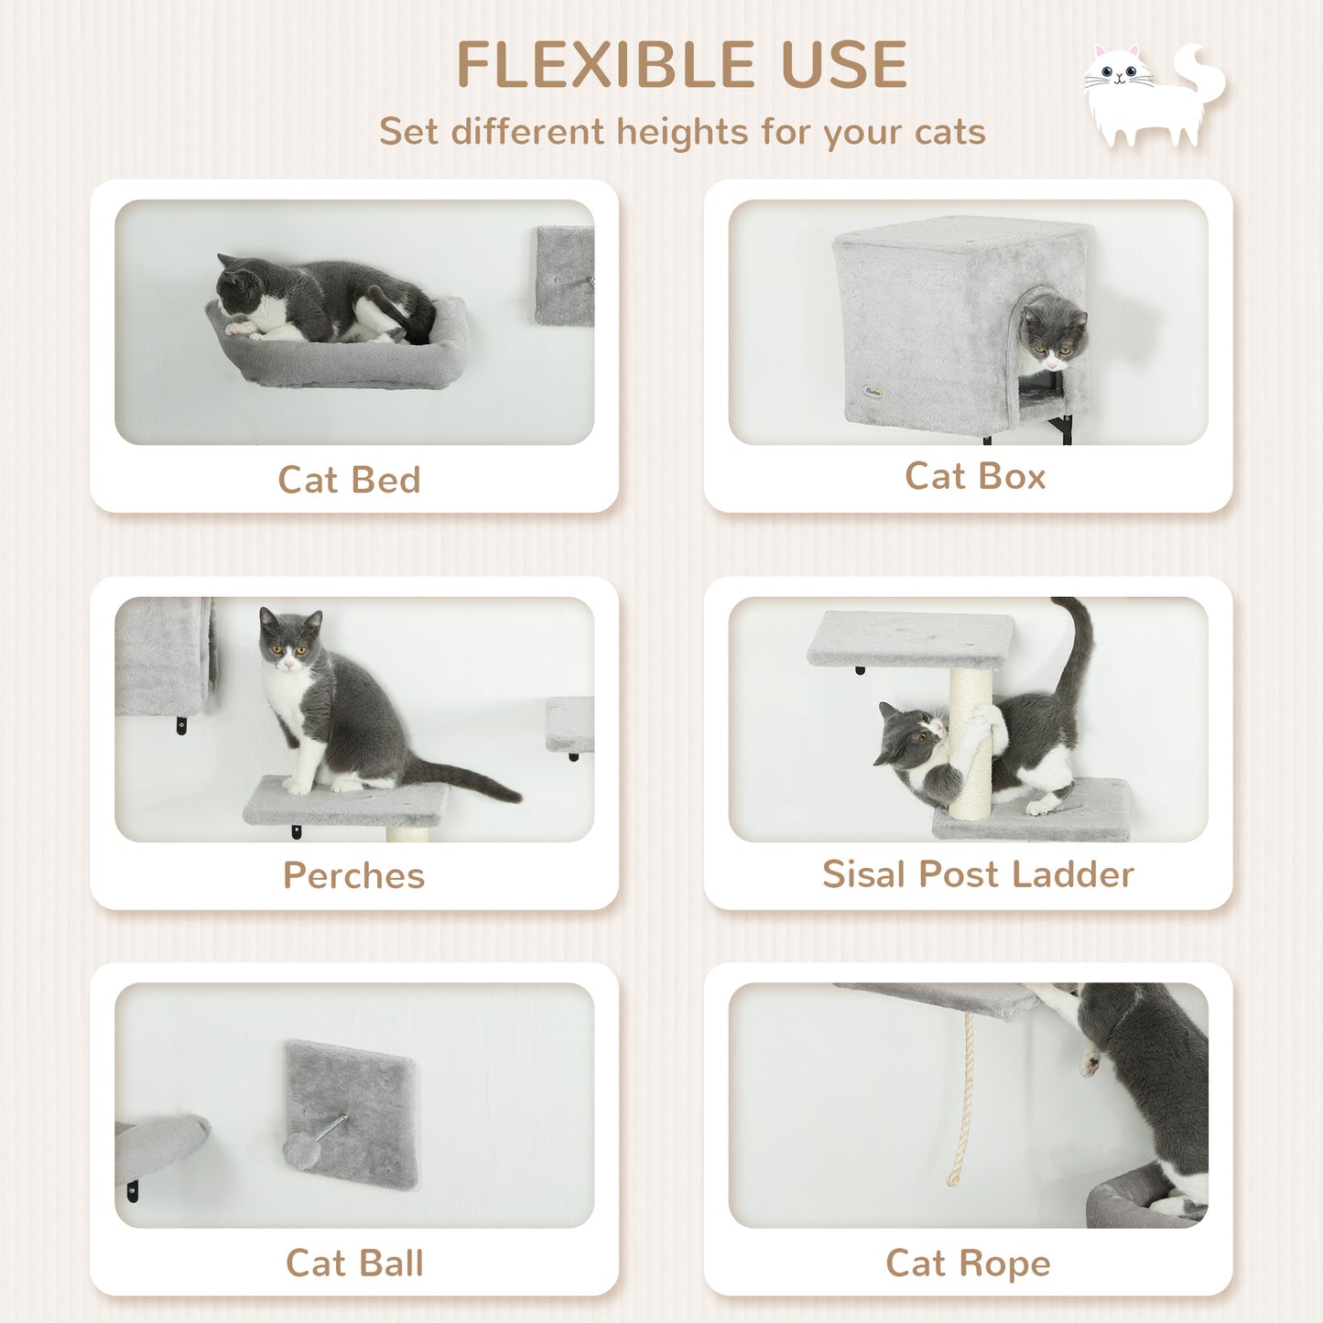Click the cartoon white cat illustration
1152,96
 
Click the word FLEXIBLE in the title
603,66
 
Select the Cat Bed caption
349,480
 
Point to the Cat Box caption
975,476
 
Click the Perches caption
353,875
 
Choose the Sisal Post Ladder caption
978,873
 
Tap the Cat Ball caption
354,1263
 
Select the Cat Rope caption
968,1263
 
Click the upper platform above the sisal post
910,637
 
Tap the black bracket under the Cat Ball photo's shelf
133,1191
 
